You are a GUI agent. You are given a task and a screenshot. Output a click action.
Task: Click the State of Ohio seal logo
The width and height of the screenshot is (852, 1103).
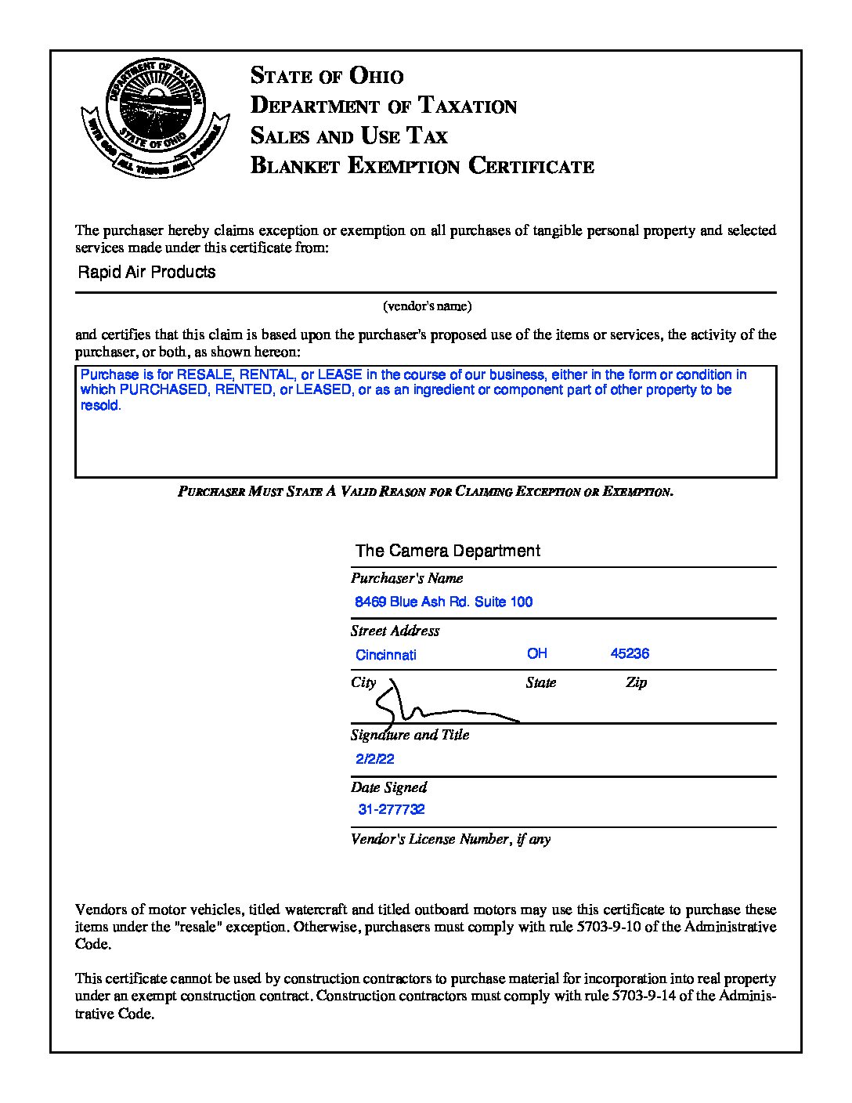coord(154,118)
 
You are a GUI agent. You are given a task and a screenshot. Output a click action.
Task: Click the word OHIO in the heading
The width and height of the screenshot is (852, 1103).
coord(376,76)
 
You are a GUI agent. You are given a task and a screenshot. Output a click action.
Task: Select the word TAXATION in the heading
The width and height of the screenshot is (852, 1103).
coord(467,106)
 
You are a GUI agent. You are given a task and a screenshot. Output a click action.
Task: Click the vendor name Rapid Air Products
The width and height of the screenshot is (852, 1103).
coord(146,272)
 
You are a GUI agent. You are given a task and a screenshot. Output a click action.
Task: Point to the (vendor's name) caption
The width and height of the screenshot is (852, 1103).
coord(427,306)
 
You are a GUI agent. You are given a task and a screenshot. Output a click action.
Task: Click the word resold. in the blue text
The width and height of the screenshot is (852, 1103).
coord(101,406)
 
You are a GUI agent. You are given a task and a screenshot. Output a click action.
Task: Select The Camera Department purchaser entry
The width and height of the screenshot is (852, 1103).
coord(447,551)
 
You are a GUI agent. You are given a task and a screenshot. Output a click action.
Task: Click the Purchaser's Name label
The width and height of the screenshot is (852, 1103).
coord(406,578)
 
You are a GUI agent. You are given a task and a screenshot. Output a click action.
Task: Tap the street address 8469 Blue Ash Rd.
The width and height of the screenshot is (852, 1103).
coord(443,602)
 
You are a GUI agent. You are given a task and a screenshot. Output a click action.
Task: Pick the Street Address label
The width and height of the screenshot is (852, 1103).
coord(395,631)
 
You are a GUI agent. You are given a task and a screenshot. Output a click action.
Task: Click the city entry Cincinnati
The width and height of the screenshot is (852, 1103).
coord(385,655)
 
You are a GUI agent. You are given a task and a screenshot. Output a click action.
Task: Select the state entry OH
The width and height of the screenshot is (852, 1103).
coord(536,653)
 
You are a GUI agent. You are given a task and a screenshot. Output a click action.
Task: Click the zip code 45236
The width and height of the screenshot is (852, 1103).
coord(630,653)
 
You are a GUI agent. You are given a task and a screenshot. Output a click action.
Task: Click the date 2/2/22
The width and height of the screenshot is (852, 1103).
coord(374,758)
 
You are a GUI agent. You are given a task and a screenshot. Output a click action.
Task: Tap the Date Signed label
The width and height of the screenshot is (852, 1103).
coord(388,787)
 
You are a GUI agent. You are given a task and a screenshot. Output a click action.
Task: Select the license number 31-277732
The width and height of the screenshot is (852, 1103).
coord(392,809)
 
